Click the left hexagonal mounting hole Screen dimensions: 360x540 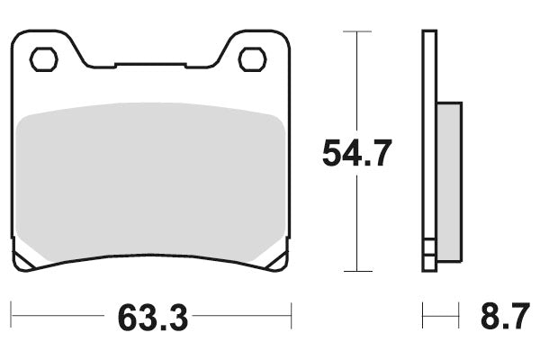(x=42, y=59)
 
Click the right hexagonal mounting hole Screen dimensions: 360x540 (x=251, y=59)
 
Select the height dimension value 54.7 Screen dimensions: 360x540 (x=357, y=154)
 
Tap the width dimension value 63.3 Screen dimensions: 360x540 (x=151, y=317)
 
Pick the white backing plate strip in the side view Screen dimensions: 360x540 (x=429, y=144)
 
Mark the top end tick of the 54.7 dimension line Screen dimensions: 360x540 (x=357, y=32)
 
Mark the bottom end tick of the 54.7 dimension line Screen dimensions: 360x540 (x=357, y=270)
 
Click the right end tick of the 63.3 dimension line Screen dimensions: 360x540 (x=292, y=316)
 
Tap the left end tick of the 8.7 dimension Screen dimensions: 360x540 (x=423, y=316)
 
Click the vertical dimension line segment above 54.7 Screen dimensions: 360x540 (x=357, y=81)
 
